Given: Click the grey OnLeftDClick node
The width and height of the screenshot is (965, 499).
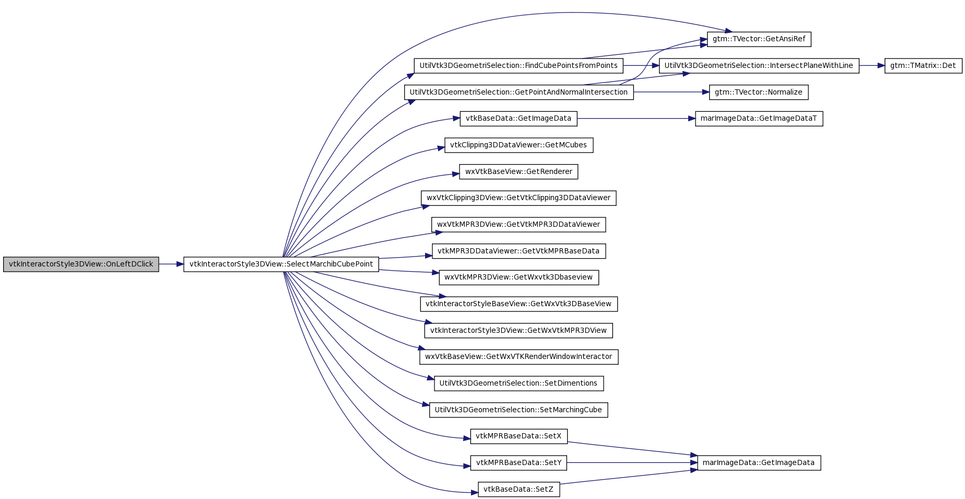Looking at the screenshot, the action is (x=81, y=264).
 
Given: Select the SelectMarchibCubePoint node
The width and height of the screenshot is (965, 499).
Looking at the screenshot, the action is (x=281, y=264).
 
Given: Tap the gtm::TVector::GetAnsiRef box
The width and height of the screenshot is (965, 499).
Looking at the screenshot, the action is (x=759, y=39).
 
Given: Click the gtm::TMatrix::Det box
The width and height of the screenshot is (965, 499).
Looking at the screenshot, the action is (x=923, y=66).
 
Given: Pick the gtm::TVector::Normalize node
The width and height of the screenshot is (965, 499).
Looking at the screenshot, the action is (x=758, y=92).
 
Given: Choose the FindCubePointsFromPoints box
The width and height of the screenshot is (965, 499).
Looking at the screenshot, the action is (x=519, y=66).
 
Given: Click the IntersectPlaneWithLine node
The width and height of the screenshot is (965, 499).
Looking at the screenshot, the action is (x=759, y=66).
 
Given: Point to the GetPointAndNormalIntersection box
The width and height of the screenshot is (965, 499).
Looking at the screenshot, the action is (x=519, y=92).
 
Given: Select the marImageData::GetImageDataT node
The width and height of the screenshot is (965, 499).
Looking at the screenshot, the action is (x=759, y=119).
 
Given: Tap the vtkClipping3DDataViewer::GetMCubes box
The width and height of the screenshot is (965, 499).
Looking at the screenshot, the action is (x=519, y=145).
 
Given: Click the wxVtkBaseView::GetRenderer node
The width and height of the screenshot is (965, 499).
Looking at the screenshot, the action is (x=519, y=172).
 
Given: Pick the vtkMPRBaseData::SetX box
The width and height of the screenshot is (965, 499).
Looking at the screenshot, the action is (x=519, y=436).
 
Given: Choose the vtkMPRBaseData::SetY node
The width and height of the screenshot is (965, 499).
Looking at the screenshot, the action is (x=519, y=463).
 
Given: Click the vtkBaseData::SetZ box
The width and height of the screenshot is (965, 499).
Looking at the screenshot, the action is (x=519, y=490).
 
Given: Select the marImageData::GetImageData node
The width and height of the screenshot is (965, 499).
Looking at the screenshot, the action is (x=759, y=463).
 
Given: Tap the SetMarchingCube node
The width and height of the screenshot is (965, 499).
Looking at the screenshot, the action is (x=519, y=410).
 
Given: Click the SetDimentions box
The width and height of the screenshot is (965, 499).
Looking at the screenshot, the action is (x=519, y=384).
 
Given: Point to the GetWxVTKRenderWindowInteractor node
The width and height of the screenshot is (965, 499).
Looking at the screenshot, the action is (x=519, y=357).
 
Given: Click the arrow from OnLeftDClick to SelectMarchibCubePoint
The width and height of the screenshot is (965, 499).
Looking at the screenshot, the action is (x=171, y=264).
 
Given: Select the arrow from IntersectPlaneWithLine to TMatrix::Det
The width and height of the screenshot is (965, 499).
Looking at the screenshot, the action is (x=872, y=66).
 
